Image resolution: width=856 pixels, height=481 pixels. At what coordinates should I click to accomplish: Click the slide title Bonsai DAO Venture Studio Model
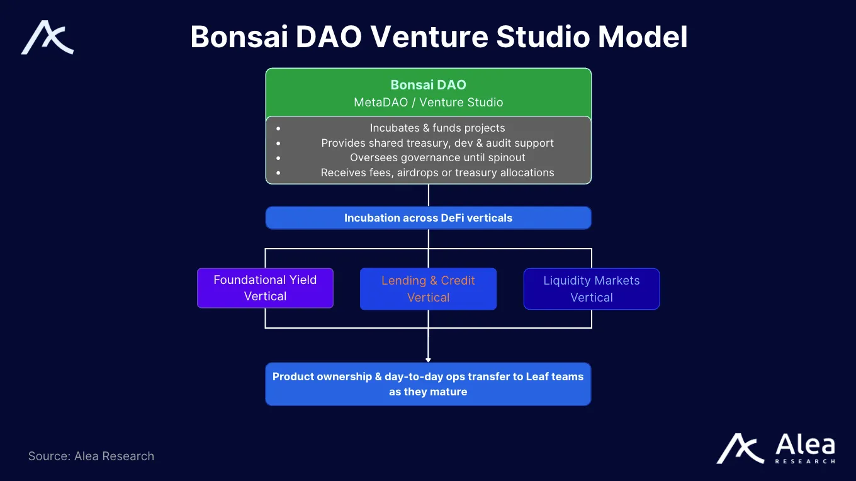click(x=439, y=37)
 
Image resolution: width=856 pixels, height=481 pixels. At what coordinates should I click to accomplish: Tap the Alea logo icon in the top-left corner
click(x=48, y=38)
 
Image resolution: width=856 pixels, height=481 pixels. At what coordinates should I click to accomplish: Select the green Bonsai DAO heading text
click(x=428, y=85)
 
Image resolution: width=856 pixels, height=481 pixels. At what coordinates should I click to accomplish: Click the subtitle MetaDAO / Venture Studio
click(x=428, y=102)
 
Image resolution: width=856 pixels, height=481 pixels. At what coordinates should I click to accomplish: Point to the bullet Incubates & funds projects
click(x=437, y=128)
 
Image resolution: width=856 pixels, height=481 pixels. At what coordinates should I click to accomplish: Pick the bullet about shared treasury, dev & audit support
click(x=437, y=143)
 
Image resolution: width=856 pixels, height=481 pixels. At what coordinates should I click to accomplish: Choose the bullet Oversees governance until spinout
click(x=437, y=157)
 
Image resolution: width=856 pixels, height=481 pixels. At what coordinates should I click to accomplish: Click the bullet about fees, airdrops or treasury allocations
click(x=437, y=173)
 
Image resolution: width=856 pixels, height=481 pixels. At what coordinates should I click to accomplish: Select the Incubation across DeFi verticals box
click(x=428, y=218)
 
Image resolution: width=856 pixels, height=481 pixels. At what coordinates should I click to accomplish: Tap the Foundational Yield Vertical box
click(x=265, y=288)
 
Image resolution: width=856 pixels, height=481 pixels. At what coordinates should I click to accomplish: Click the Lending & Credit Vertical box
click(x=428, y=289)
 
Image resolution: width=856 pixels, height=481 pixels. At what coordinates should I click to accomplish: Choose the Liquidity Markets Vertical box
click(x=592, y=289)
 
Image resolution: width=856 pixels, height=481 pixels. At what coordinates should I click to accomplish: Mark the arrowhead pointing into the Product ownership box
click(x=428, y=359)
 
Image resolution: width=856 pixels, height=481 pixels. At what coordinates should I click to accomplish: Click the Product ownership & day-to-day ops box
click(x=428, y=384)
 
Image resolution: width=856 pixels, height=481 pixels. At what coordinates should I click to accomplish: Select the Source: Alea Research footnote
click(x=91, y=456)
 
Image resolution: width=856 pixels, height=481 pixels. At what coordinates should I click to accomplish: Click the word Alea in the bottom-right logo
click(x=805, y=444)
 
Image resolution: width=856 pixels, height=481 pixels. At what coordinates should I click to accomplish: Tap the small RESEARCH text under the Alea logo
click(x=805, y=461)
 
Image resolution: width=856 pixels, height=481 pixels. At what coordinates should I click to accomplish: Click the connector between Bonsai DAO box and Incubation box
click(x=428, y=195)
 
